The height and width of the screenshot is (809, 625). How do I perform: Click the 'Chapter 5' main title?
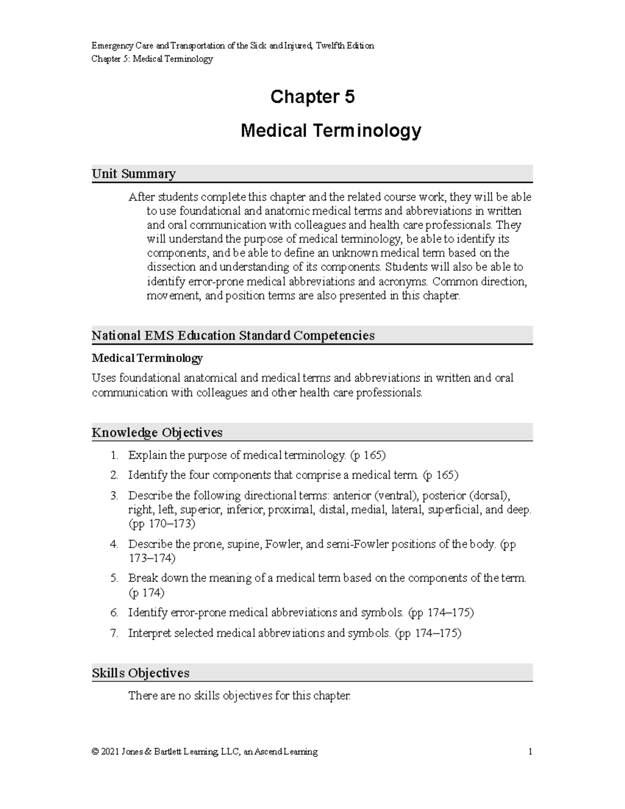point(312,97)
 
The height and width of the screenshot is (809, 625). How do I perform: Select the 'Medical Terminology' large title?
point(330,131)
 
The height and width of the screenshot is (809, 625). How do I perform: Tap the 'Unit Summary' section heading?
point(133,173)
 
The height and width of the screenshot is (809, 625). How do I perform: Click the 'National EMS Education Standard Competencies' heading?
point(233,335)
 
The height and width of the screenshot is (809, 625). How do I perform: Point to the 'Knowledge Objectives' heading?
point(157,432)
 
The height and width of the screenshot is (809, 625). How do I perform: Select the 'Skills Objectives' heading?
point(140,673)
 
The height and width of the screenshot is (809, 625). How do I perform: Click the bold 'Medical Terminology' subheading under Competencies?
point(147,358)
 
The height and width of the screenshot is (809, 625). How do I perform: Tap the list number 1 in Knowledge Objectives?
point(114,455)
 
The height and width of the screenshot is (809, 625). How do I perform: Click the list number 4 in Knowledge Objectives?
point(114,544)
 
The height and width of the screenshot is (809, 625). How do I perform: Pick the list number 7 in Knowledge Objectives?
point(114,633)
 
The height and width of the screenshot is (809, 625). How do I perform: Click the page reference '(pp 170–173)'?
point(161,524)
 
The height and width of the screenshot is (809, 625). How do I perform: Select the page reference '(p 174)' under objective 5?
point(146,592)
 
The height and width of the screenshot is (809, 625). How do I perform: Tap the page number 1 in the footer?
point(530,752)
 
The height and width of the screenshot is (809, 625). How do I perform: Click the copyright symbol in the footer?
point(95,752)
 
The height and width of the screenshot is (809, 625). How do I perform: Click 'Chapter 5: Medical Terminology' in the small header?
point(152,59)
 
